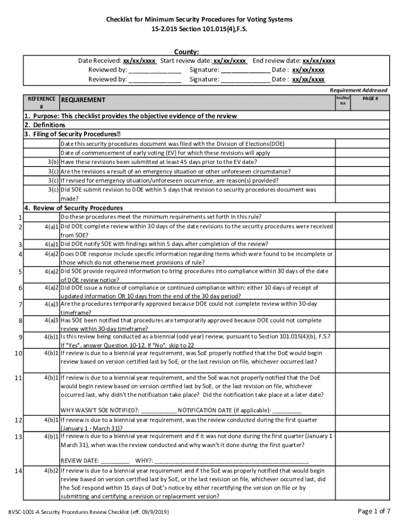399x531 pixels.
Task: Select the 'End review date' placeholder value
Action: (x=319, y=60)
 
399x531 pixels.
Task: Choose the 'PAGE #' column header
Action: (x=370, y=98)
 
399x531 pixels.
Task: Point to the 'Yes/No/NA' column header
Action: (x=343, y=100)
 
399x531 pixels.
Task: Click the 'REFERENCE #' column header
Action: (x=41, y=102)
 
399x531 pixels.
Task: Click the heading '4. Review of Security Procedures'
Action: (x=73, y=208)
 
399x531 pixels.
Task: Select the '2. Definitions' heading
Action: (x=45, y=125)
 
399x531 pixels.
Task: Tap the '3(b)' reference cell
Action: (x=51, y=162)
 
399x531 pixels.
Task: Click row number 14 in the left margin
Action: (x=18, y=471)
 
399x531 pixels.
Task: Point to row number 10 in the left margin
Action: (x=18, y=353)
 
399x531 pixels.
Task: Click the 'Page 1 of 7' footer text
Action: (x=374, y=511)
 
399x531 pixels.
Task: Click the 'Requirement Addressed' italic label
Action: (x=358, y=90)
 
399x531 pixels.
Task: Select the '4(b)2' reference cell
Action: (x=51, y=471)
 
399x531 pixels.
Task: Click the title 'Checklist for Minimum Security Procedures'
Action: (x=199, y=19)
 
